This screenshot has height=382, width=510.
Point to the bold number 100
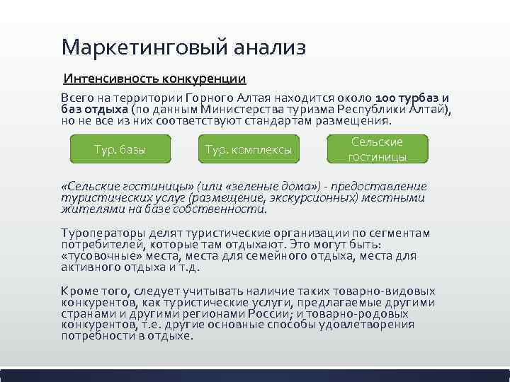point(387,98)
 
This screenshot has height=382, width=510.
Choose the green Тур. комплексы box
point(248,149)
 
